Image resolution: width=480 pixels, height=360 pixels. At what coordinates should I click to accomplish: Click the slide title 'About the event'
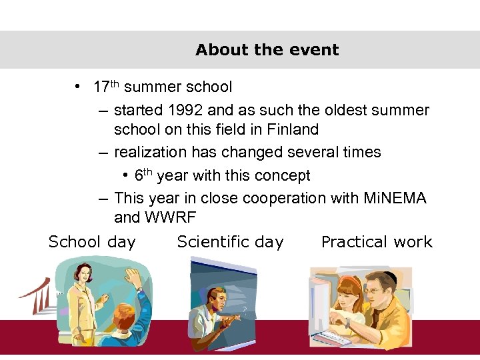click(x=267, y=50)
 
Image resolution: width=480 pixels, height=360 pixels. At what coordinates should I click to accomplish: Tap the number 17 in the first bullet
click(x=101, y=87)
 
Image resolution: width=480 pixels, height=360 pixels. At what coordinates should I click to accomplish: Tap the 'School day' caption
click(x=92, y=242)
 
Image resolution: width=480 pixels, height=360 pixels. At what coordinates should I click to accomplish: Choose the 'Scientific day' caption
click(x=230, y=242)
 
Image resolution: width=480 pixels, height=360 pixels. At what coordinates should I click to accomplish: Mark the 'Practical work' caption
click(x=377, y=242)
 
